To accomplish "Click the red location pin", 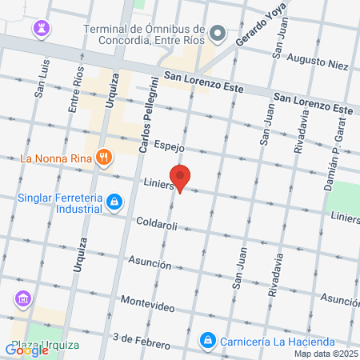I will click(180, 178).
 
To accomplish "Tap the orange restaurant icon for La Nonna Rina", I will click(102, 158).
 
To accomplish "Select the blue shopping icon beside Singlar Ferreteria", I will click(115, 201).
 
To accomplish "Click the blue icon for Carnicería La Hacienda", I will click(207, 340).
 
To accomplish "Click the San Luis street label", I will click(40, 80).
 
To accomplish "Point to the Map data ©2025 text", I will click(326, 354).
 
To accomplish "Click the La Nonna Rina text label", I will click(54, 158).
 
